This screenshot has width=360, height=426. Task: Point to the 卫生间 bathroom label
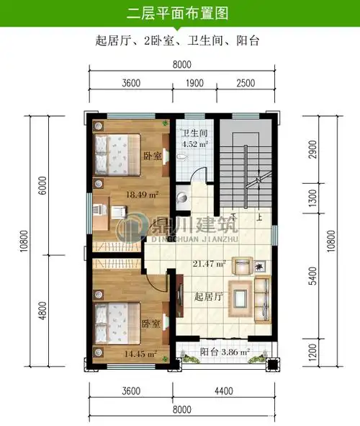pos(194,133)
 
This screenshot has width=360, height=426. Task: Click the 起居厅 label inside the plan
pos(208,296)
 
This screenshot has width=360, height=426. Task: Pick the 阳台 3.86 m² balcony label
pos(224,352)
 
